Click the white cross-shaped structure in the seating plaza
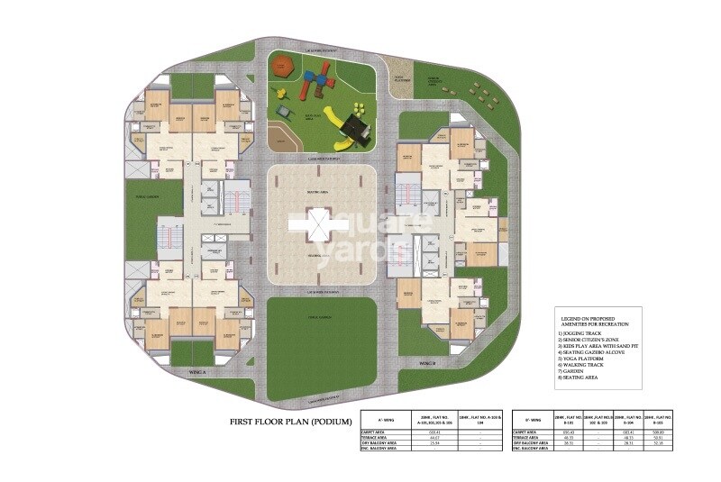pos(308,223)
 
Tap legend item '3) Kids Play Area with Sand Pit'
pos(600,345)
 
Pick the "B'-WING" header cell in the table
pos(531,420)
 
